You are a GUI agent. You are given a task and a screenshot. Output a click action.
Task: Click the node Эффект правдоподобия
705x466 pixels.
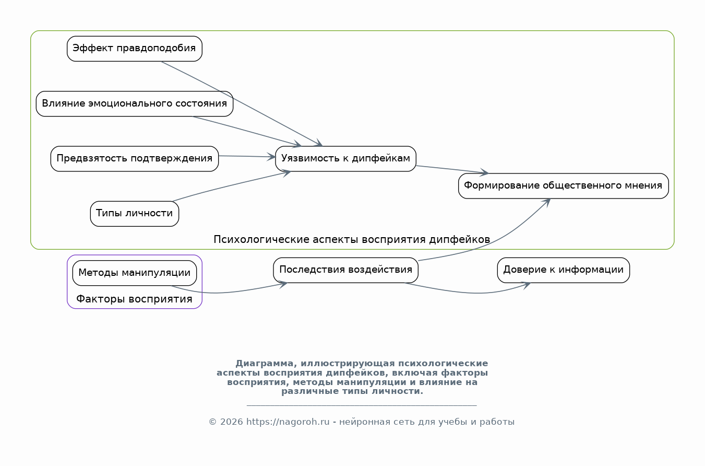(x=135, y=49)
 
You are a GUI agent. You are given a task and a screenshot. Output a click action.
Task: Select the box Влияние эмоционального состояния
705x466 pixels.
(x=135, y=103)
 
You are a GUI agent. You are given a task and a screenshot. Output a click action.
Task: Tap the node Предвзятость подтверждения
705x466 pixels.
(x=135, y=158)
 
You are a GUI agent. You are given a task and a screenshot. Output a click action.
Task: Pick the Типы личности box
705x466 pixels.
(x=135, y=214)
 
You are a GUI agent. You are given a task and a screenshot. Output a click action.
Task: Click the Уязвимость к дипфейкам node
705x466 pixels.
(x=345, y=158)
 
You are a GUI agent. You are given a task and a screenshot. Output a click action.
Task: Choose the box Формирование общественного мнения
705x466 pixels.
(x=563, y=185)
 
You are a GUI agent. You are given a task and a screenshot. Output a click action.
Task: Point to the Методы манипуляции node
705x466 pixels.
(x=135, y=273)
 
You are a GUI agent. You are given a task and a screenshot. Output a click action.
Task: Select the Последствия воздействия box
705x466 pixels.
(x=345, y=270)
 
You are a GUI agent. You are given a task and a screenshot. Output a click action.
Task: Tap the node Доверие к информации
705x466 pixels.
(x=563, y=270)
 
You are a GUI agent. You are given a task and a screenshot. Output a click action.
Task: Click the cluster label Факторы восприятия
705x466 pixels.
(x=135, y=299)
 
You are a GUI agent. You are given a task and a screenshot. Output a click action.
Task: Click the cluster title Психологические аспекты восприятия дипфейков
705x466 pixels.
(x=352, y=240)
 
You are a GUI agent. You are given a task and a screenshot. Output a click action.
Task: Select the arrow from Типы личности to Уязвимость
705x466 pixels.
(x=230, y=185)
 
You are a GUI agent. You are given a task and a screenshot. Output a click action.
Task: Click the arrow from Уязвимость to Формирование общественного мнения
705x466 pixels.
(x=451, y=169)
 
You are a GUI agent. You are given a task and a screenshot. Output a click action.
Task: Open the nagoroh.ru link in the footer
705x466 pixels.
(x=288, y=422)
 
